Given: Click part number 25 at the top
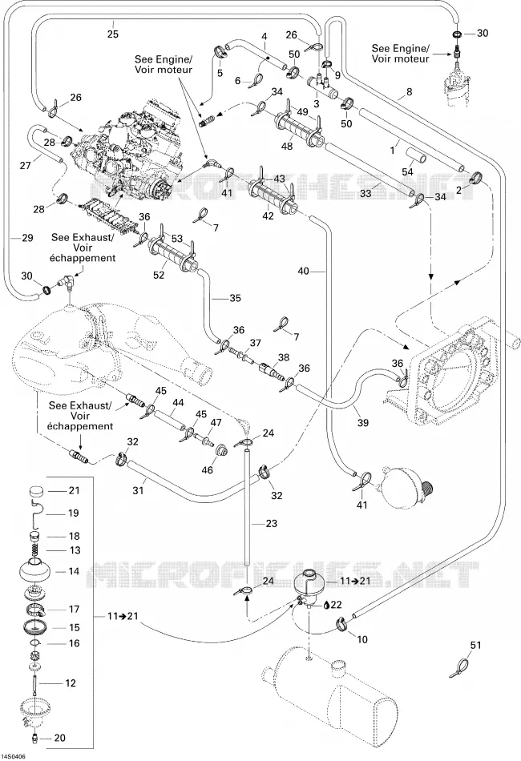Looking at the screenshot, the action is tap(113, 34).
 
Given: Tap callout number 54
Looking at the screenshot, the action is tap(407, 171).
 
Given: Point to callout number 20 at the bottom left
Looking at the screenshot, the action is tap(59, 739).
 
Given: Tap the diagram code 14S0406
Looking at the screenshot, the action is tap(14, 756).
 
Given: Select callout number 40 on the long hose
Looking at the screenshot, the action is tap(303, 271).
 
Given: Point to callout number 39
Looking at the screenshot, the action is tap(363, 423).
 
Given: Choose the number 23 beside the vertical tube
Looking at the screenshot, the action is tap(272, 523).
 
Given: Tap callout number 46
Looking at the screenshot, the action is tap(207, 470).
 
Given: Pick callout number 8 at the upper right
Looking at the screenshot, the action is tap(409, 91).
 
